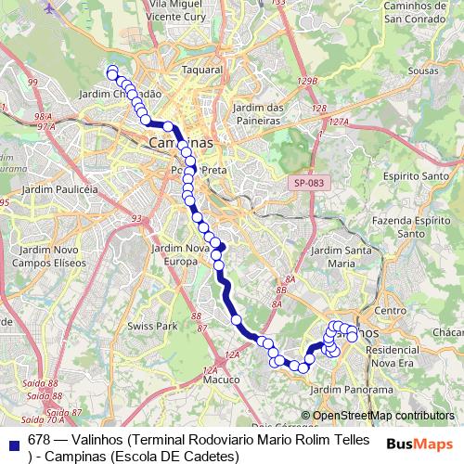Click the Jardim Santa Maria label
(x=342, y=257)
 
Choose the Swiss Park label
(x=152, y=328)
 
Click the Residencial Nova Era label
(x=397, y=355)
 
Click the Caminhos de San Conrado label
(x=405, y=12)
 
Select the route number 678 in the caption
(x=39, y=439)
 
